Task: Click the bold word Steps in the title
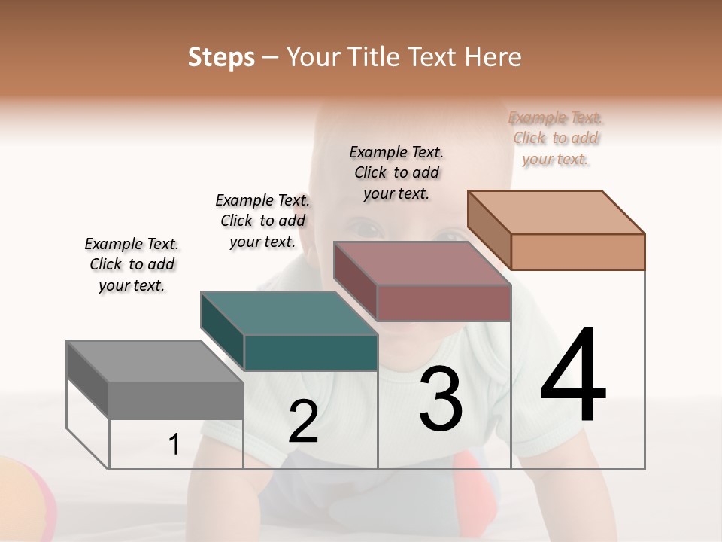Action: [221, 57]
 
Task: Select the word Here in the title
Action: [493, 57]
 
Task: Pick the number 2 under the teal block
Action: [303, 422]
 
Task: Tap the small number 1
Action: [174, 445]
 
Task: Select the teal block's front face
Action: [311, 352]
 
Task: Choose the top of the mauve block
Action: [421, 263]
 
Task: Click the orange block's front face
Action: [578, 251]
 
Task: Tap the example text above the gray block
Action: [132, 264]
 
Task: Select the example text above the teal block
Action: [262, 221]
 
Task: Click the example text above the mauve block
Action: [396, 172]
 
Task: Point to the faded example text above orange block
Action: [556, 138]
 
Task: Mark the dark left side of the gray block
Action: [87, 379]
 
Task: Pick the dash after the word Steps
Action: [271, 57]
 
